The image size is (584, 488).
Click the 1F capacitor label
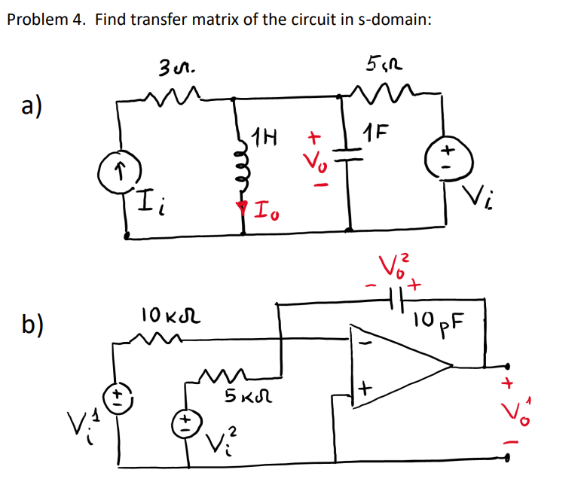pyautogui.click(x=376, y=136)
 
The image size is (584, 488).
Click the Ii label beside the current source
pyautogui.click(x=154, y=201)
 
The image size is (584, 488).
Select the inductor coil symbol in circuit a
pyautogui.click(x=243, y=164)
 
